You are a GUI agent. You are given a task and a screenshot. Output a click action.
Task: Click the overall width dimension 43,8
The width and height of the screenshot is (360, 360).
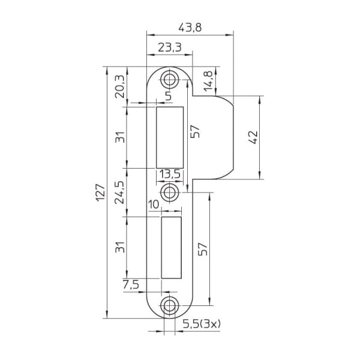(x=191, y=28)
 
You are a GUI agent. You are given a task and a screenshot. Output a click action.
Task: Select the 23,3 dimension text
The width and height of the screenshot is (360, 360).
(x=170, y=48)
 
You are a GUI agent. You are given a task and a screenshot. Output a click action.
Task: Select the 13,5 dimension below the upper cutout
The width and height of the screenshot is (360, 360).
(x=169, y=175)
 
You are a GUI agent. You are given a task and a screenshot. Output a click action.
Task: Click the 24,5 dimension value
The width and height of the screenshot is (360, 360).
(x=119, y=192)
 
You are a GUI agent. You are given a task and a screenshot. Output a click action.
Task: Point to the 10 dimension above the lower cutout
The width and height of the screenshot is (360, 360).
(x=154, y=205)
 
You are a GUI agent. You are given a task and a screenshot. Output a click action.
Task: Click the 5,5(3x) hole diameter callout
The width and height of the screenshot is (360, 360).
(x=202, y=324)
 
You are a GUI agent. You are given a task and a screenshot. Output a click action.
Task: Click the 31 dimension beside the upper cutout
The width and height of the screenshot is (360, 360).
(x=119, y=137)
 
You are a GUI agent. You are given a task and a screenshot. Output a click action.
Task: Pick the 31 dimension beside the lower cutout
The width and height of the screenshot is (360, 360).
(x=119, y=247)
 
